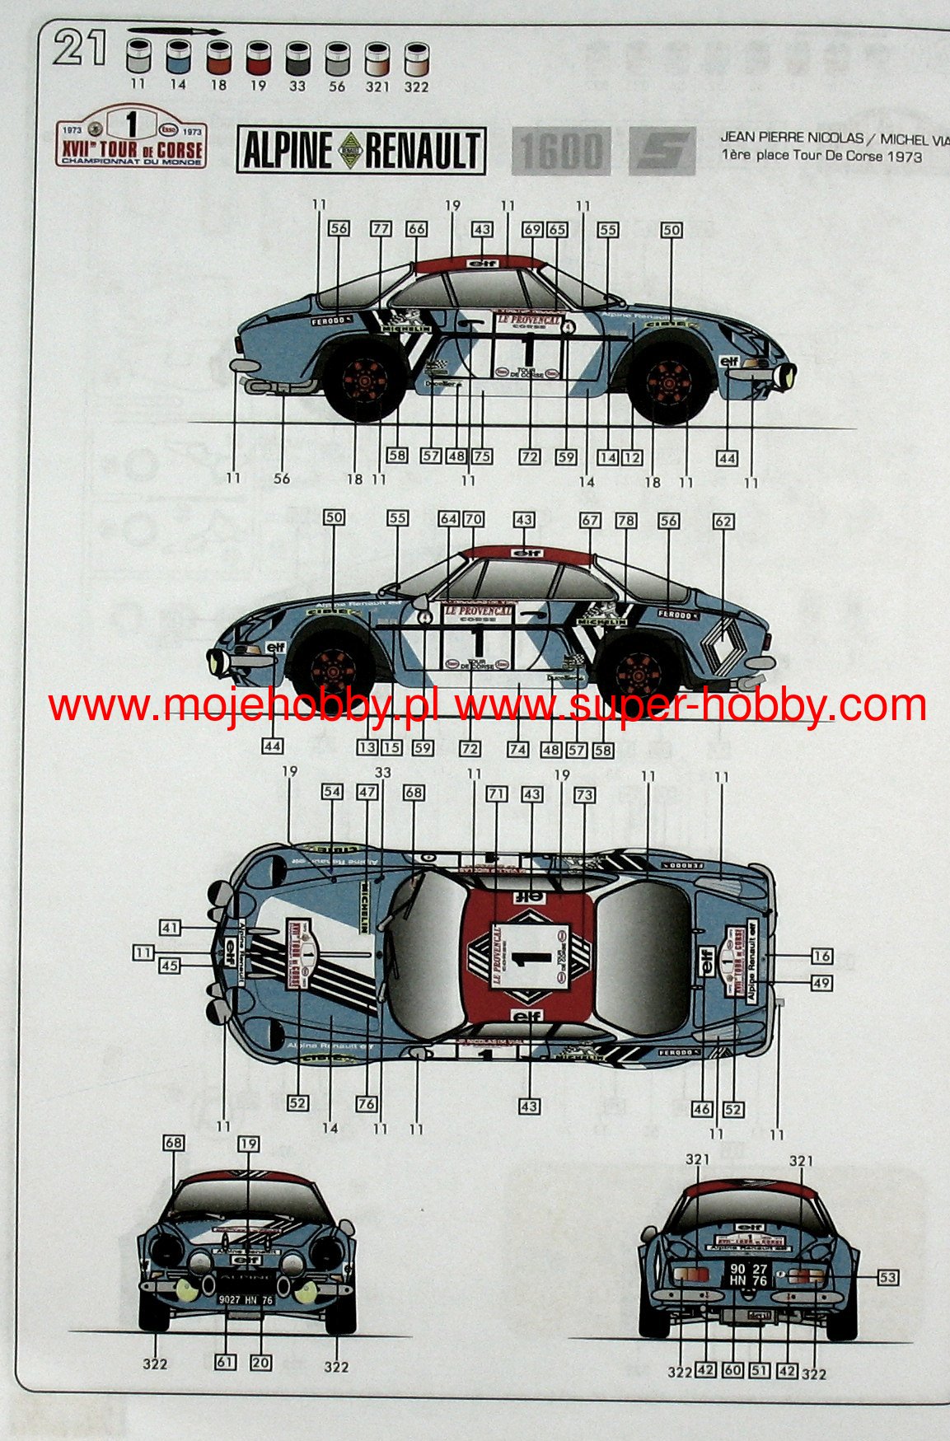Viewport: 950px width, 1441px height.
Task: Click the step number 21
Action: pos(81,48)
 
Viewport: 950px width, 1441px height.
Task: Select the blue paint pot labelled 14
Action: pos(177,58)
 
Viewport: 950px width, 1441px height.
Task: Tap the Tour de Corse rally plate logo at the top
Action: pos(131,137)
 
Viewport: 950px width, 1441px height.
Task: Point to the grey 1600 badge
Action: pos(561,151)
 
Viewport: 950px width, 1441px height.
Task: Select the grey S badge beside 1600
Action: pos(661,151)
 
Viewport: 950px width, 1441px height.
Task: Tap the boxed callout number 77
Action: pos(380,228)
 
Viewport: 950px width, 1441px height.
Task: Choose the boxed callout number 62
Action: pos(723,521)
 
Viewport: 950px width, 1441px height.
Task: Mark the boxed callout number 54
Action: pos(331,792)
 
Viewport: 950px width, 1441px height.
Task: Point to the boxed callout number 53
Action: pos(887,1277)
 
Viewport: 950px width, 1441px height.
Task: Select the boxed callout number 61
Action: pos(225,1362)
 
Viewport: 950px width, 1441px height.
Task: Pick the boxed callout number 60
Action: pos(732,1369)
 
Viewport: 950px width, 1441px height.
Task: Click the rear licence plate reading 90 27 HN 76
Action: pos(748,1275)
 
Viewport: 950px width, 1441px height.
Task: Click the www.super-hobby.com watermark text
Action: pos(690,706)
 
